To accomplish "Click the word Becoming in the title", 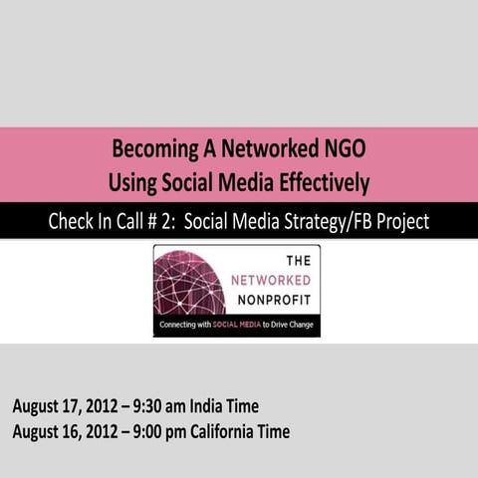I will click(156, 151).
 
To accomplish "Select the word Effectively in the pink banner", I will click(317, 182).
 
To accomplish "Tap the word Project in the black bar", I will click(401, 222).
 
